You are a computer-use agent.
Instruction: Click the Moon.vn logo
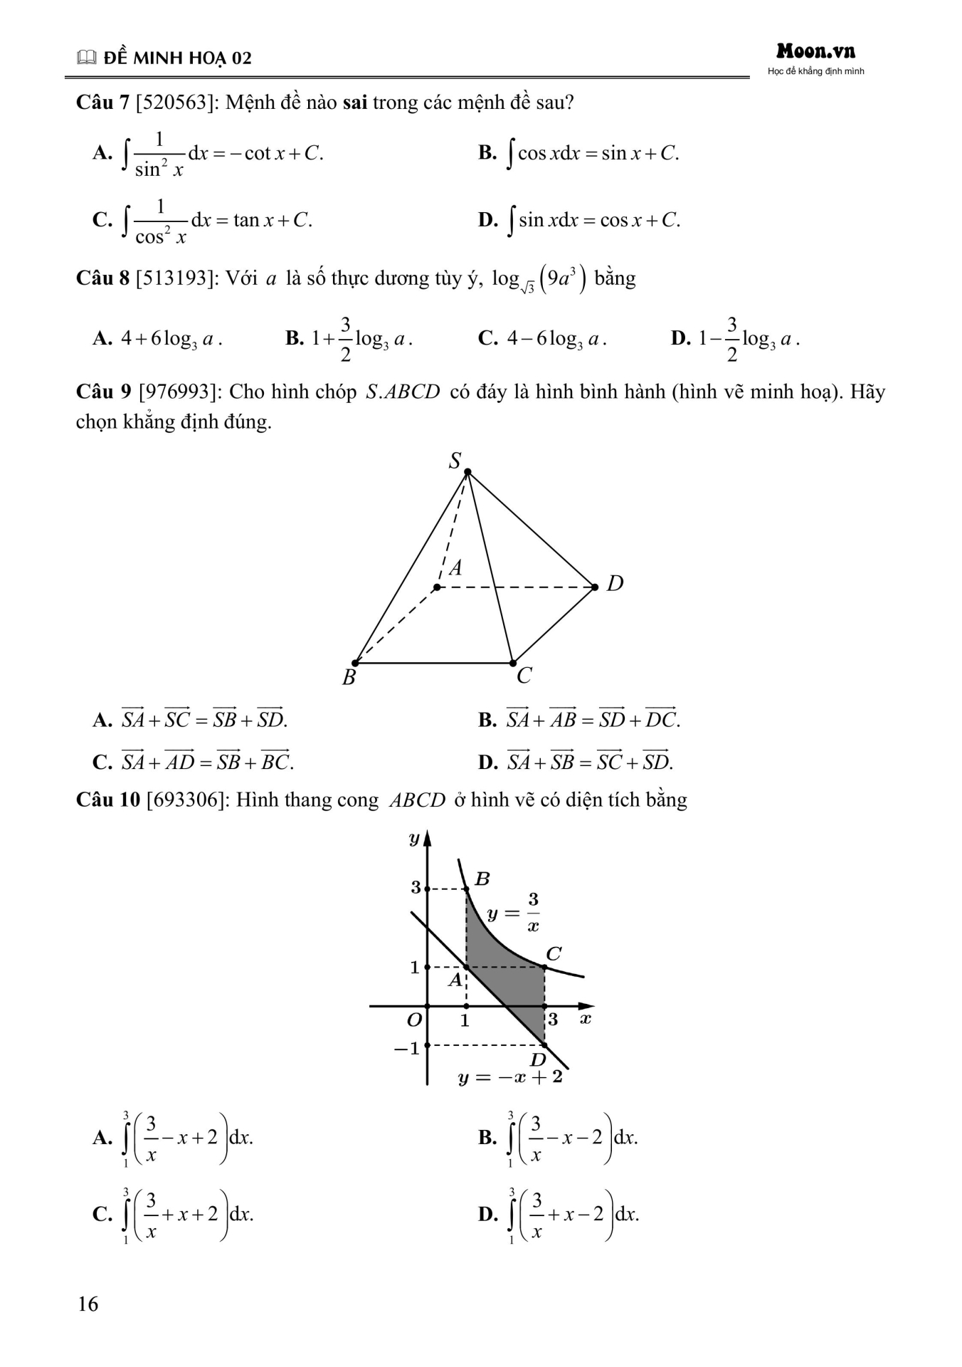coord(815,51)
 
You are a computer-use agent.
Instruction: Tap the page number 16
coord(88,1304)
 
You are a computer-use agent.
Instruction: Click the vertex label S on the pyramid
coord(455,461)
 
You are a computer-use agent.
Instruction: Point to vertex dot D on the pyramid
coord(595,587)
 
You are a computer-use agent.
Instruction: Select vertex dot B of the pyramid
coord(355,663)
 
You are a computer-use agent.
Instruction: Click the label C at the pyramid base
coord(524,675)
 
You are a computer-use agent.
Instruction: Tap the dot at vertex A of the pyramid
coord(437,587)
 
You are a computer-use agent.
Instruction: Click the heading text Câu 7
coord(102,103)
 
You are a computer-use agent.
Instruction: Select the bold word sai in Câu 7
coord(354,103)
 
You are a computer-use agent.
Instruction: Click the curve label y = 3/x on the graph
coord(513,913)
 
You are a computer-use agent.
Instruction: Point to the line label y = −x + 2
coord(509,1077)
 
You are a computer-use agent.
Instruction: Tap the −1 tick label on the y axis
coord(406,1048)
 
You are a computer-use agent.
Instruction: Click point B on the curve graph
coord(466,889)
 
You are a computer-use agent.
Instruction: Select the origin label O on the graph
coord(414,1020)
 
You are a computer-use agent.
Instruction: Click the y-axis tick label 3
coord(416,887)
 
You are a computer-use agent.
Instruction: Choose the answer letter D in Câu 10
coord(487,1213)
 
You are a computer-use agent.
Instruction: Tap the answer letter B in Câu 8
coord(295,338)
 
